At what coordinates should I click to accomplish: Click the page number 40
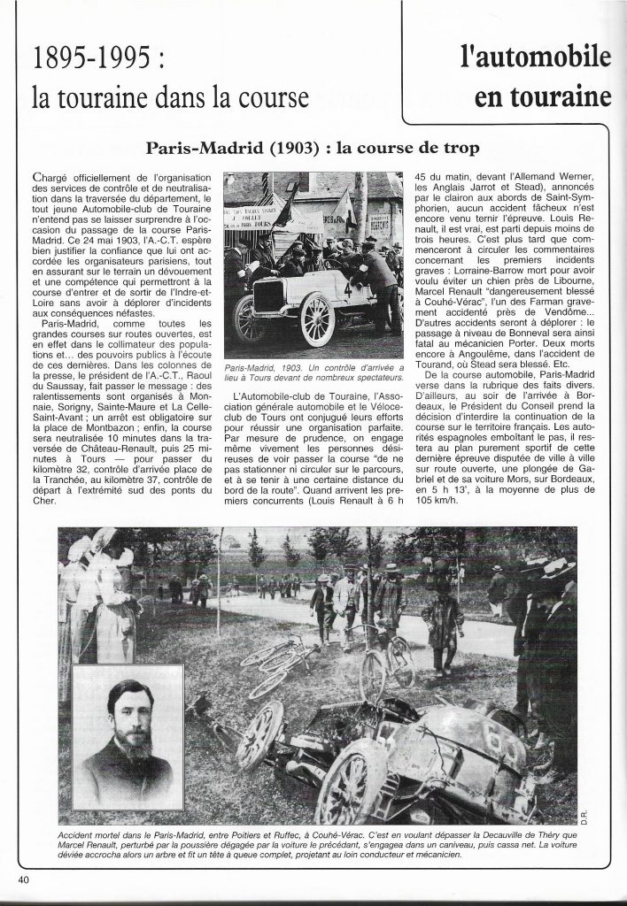click(24, 879)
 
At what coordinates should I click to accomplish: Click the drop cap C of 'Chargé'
click(35, 176)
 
